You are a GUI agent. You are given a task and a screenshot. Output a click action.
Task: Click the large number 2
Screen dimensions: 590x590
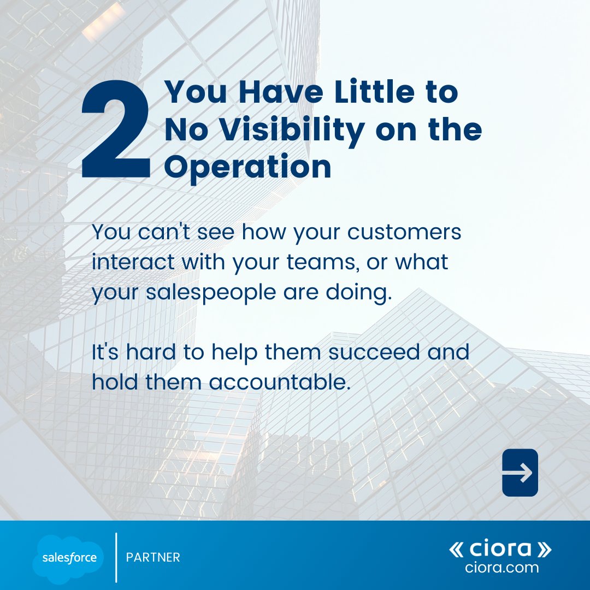[x=116, y=129]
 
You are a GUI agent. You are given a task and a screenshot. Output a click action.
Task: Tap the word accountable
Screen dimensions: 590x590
[x=279, y=382]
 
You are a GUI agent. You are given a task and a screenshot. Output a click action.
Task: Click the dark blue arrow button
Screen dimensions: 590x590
[x=520, y=473]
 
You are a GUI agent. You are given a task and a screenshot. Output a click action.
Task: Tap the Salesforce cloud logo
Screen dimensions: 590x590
[x=68, y=557]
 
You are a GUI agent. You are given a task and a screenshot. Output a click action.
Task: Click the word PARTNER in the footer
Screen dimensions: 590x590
[x=153, y=558]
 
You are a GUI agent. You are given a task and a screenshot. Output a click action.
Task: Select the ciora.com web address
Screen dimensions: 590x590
[x=501, y=568]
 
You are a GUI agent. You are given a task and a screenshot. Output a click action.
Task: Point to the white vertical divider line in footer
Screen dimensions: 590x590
[x=116, y=557]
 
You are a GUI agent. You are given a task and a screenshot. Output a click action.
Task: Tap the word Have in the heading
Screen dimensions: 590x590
[x=273, y=93]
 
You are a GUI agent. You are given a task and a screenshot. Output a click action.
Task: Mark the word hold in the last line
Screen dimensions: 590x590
[x=115, y=382]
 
